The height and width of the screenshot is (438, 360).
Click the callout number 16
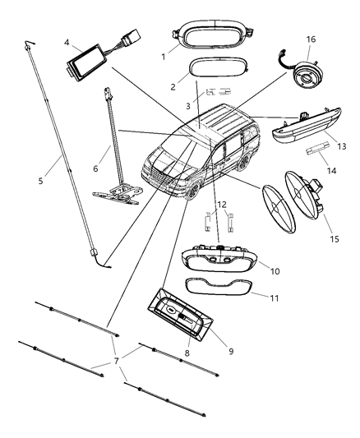(311, 39)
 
